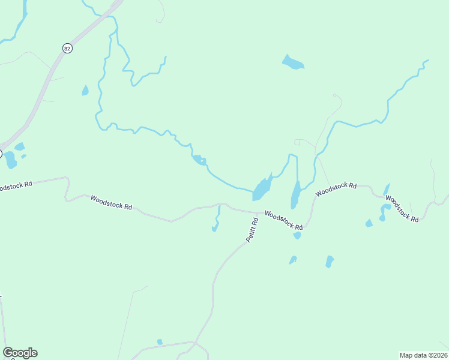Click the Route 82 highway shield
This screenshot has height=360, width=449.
coord(67,48)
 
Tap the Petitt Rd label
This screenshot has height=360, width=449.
coord(252,230)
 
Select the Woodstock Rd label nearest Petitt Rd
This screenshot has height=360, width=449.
coord(283,220)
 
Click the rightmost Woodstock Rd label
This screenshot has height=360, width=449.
coord(402,208)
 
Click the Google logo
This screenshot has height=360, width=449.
coord(20,353)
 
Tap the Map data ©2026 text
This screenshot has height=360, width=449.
coord(423,355)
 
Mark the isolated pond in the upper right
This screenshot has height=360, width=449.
coord(293,62)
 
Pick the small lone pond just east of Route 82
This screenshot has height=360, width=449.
coord(85,91)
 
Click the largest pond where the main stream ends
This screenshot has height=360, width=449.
coord(261,190)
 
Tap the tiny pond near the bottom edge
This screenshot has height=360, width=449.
coord(160,342)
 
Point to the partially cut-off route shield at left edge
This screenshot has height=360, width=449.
coord(1,154)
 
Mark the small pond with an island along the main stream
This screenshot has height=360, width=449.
coord(199,160)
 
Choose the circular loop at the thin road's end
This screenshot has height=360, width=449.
coord(335,95)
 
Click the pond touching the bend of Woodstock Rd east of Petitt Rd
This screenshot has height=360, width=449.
coord(297,235)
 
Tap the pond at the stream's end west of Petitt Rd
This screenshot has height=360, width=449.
coord(215,227)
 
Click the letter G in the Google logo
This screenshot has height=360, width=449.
coord(8,353)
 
